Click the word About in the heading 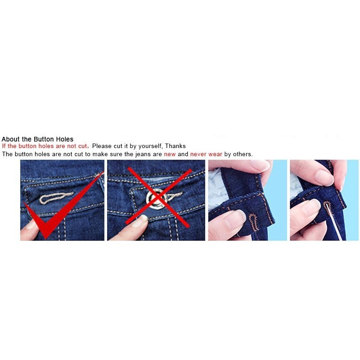(x=10, y=139)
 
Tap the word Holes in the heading (x=64, y=139)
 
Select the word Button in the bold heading (x=43, y=139)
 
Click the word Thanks (x=175, y=146)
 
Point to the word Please (x=102, y=146)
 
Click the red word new (x=170, y=154)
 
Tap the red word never (x=198, y=154)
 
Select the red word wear (x=215, y=154)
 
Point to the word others (x=243, y=154)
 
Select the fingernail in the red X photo (x=140, y=220)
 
